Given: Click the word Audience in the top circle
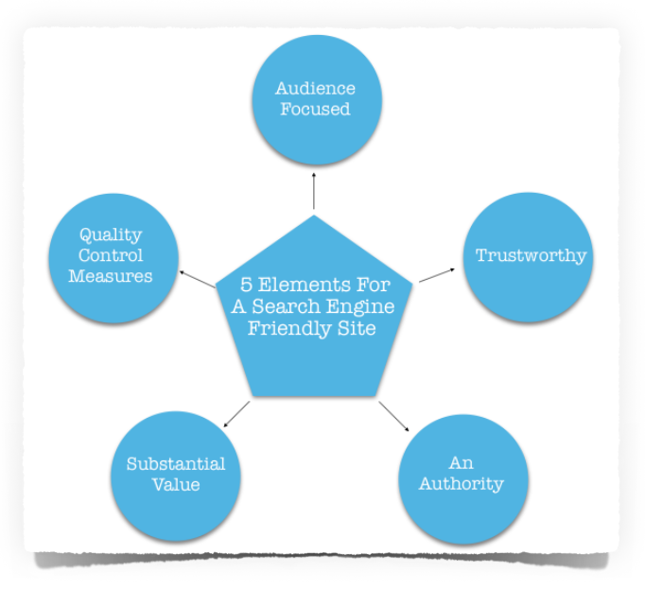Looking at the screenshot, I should [x=315, y=89].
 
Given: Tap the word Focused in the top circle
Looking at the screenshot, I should [x=315, y=110].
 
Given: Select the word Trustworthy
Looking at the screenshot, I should [x=531, y=255].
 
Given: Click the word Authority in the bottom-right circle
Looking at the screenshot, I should [x=462, y=484].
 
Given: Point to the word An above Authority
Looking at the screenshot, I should [x=461, y=463].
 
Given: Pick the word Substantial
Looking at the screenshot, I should [x=176, y=464].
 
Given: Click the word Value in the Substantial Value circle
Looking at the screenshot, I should [x=177, y=485].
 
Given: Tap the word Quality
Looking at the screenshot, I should [x=111, y=234].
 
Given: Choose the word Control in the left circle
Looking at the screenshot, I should [x=112, y=255].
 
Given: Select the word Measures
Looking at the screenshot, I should [x=111, y=276].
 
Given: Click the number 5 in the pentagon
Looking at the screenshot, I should [x=246, y=285].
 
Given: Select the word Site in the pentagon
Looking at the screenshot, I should [x=357, y=328].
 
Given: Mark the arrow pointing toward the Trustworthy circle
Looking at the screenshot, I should [x=438, y=273].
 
